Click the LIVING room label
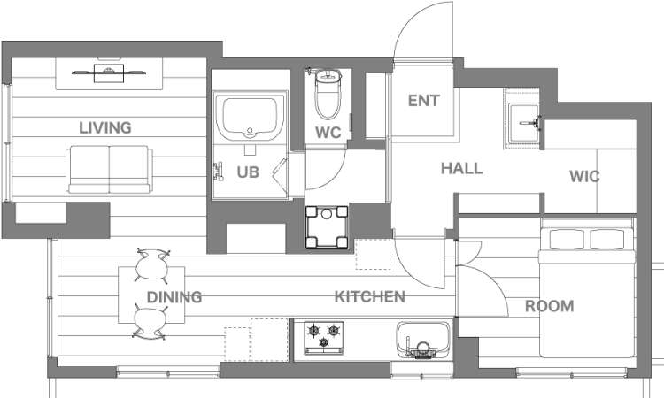[x=105, y=127]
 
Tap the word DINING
[x=174, y=297]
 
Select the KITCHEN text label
[x=370, y=297]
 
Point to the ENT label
[x=423, y=101]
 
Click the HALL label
[x=461, y=168]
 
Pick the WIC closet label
[x=584, y=176]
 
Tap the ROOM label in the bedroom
[x=549, y=306]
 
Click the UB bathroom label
[x=248, y=172]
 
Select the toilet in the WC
[x=328, y=94]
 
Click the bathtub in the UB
[x=251, y=117]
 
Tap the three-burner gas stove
[x=323, y=337]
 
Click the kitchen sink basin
[x=423, y=340]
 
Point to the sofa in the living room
[x=109, y=170]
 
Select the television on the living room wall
[x=109, y=73]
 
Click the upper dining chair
[x=152, y=265]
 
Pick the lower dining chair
[x=150, y=322]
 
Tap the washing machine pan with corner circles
[x=327, y=226]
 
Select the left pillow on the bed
[x=566, y=239]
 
